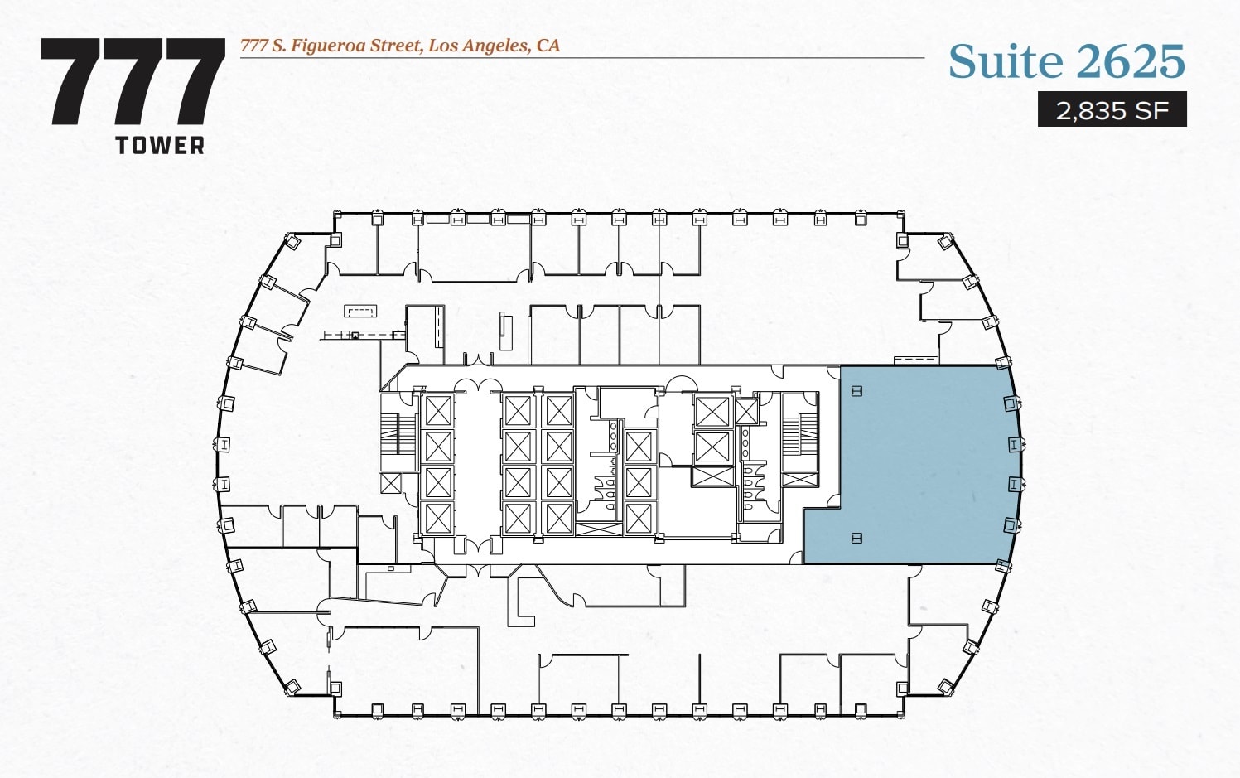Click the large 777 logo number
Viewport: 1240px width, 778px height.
pos(133,82)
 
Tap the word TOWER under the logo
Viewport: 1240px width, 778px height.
pos(160,146)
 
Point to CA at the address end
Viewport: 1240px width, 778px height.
pos(548,46)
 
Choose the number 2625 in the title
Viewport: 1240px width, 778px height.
pos(1131,61)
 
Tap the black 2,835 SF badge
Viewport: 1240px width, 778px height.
pos(1112,109)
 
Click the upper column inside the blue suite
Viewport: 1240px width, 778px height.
pos(856,390)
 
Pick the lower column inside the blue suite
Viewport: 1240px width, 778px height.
pos(856,539)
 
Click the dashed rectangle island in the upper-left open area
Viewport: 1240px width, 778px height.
pos(361,312)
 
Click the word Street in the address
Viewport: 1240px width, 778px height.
pos(394,46)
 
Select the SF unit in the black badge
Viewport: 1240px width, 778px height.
pos(1152,109)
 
